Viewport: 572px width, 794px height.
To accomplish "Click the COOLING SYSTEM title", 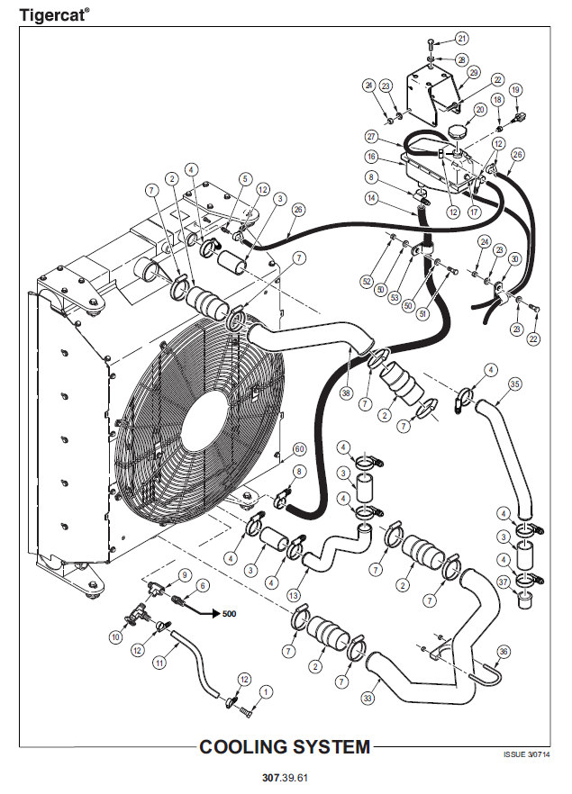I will click(x=285, y=746).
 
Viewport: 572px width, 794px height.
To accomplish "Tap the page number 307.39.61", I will click(x=286, y=776).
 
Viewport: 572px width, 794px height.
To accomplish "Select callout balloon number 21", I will click(x=462, y=39).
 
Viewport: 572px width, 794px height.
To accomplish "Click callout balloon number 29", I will click(x=474, y=73).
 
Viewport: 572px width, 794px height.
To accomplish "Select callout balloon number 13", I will click(x=293, y=595).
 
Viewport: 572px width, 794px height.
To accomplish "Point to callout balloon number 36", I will click(x=504, y=651).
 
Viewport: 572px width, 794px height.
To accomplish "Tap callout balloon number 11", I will click(x=159, y=662).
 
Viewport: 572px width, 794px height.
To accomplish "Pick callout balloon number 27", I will click(x=371, y=137).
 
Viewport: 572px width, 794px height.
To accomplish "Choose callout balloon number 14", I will click(x=371, y=197).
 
